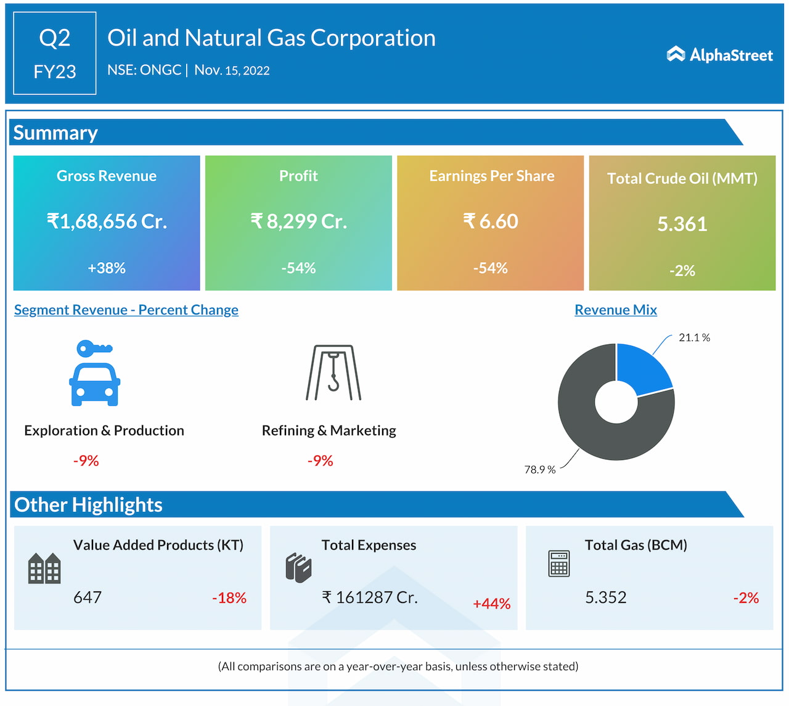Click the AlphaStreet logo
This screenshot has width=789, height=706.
coord(719,55)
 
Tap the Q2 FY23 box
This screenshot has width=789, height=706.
coord(55,54)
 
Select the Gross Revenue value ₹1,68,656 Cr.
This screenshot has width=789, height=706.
coord(107,221)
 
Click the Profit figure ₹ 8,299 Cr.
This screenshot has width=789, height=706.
coord(298,221)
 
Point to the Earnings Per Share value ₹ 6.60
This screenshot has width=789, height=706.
coord(491,221)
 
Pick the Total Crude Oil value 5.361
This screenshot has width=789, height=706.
coord(682,224)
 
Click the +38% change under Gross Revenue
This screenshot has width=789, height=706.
coord(107,268)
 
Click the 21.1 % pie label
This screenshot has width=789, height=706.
coord(694,338)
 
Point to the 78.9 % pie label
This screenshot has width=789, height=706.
coord(540,470)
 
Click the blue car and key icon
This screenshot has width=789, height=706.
coord(94,373)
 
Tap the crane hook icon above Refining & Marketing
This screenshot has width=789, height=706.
coord(333,372)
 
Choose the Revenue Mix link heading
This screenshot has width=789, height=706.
coord(616,310)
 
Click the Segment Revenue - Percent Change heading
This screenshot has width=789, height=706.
coord(126,310)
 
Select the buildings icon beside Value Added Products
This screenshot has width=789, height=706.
coord(44,568)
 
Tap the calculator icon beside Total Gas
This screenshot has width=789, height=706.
coord(559,563)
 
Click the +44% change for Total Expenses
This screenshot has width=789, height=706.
coord(491,604)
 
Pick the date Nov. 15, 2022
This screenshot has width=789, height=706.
coord(232,70)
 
